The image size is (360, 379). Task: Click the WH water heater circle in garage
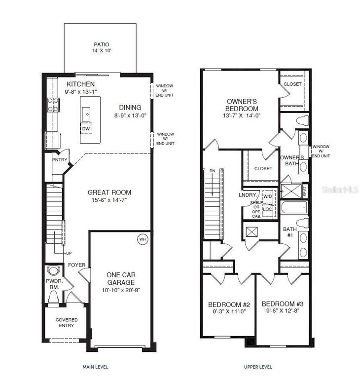pos(143,239)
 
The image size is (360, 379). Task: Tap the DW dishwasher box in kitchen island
pos(87,129)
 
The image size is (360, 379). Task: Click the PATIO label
pos(102,44)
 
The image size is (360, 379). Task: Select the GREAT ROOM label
pos(109,192)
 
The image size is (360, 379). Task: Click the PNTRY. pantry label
pos(60,160)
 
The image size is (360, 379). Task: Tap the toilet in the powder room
pos(53,297)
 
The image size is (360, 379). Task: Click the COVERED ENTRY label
pos(66,323)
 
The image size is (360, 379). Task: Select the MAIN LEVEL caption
pos(95,367)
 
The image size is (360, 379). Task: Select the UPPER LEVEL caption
pos(257,367)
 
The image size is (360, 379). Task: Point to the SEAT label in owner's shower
pos(304,189)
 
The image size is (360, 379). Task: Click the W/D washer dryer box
pos(268,196)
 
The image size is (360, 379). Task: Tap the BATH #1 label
pos(289,232)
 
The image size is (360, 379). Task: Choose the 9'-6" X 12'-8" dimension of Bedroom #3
pos(282,311)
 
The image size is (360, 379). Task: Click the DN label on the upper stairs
pos(213,171)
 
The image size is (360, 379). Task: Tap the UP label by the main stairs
pos(69,253)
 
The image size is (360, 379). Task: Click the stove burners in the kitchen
pos(53,105)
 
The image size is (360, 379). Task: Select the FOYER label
pos(76,265)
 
